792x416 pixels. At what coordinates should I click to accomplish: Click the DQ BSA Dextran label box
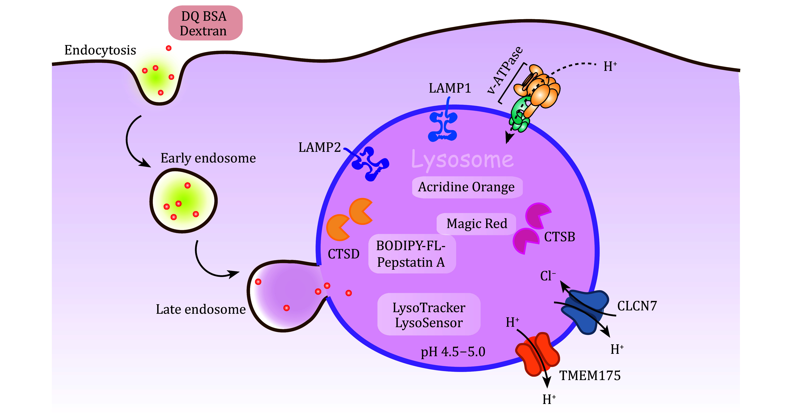(x=205, y=23)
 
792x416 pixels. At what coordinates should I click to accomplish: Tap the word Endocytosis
(x=100, y=50)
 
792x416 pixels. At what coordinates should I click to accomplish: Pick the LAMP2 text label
(x=319, y=147)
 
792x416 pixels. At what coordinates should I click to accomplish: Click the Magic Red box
(x=476, y=224)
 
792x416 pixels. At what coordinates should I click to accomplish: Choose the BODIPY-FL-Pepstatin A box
(x=411, y=254)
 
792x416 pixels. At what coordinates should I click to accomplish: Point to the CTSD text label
(x=343, y=254)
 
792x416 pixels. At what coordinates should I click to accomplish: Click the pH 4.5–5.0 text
(x=453, y=352)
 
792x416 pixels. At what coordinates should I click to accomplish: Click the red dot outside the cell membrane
(x=168, y=48)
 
